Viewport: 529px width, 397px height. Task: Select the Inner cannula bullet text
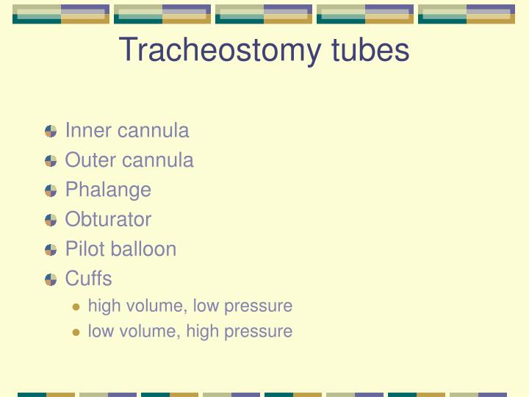(x=126, y=131)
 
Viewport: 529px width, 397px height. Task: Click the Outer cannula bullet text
(x=129, y=160)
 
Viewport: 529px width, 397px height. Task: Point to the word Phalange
(x=108, y=190)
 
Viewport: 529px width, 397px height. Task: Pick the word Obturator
(x=108, y=219)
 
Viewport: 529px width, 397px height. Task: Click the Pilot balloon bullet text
(x=120, y=249)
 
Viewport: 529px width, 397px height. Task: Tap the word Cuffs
(x=88, y=279)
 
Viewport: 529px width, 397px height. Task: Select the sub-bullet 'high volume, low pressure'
(x=190, y=306)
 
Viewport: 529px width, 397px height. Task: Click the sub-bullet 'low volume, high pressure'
(x=190, y=332)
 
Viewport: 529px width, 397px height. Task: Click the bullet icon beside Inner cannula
(x=51, y=132)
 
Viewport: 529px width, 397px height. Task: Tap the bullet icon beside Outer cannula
(x=51, y=161)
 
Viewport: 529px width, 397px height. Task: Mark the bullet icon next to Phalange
(x=51, y=190)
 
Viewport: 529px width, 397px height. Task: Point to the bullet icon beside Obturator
(x=51, y=220)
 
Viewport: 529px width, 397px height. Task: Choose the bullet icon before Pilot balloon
(x=51, y=250)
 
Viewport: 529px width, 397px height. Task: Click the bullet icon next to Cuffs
(x=51, y=279)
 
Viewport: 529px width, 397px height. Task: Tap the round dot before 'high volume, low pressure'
(x=76, y=307)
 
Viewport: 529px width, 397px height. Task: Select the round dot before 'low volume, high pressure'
(x=76, y=332)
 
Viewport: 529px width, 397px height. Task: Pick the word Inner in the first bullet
(x=85, y=131)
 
